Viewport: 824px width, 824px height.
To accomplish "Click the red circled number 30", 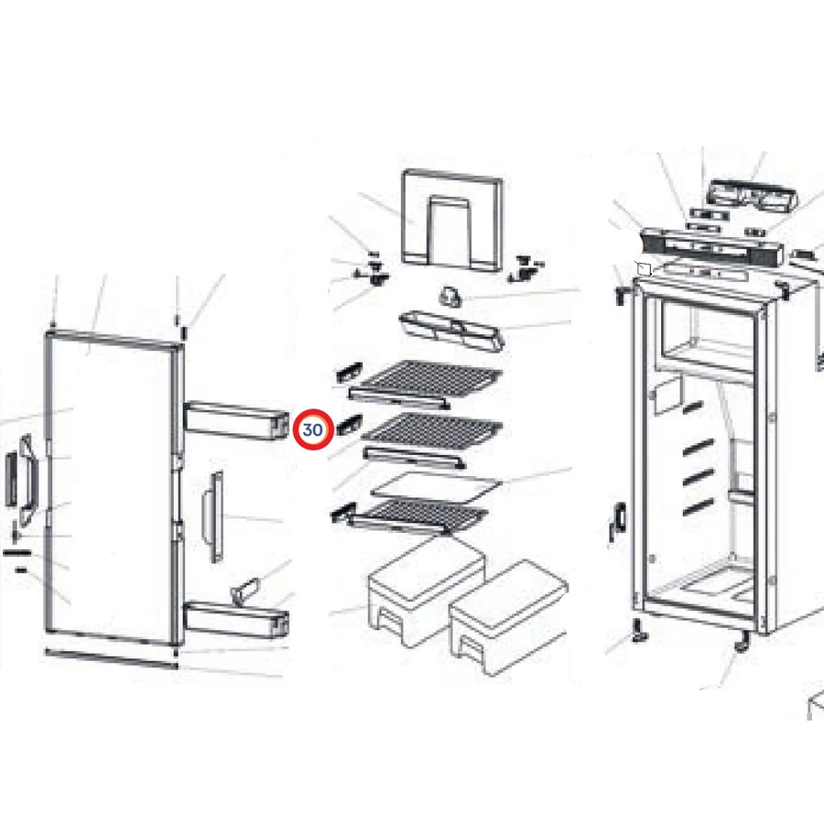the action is [313, 430].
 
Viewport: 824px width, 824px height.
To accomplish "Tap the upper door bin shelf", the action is [236, 420].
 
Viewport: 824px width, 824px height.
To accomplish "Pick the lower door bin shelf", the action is [236, 621].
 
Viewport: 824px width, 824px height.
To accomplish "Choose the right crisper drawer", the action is [509, 618].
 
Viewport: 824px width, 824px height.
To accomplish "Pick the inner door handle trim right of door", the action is [214, 516].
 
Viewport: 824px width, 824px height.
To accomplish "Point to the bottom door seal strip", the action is [112, 658].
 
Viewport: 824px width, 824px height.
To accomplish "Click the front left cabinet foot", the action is [641, 631].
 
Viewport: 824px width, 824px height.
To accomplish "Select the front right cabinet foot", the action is [742, 642].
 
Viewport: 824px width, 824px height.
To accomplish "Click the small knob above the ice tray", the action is [450, 297].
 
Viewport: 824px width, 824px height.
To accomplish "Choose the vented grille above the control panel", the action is [753, 196].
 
